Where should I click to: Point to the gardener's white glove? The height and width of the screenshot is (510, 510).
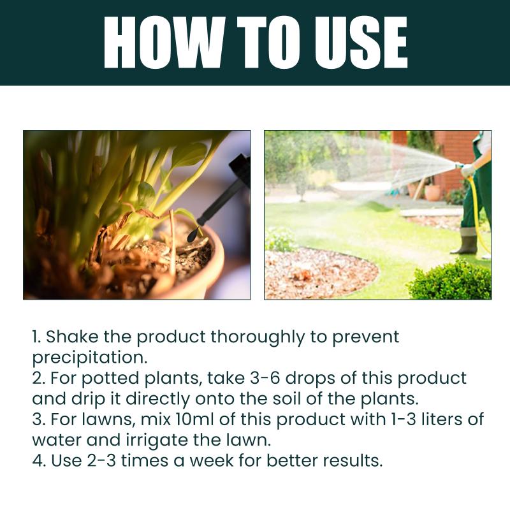coord(467,171)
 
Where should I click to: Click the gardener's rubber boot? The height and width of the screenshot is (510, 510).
coord(465,244)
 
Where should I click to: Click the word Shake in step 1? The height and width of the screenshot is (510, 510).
coord(72,337)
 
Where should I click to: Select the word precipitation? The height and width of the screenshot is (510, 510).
coord(90,358)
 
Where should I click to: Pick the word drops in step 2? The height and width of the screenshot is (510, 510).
coord(310,379)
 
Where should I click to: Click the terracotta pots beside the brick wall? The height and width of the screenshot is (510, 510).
coord(426,192)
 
